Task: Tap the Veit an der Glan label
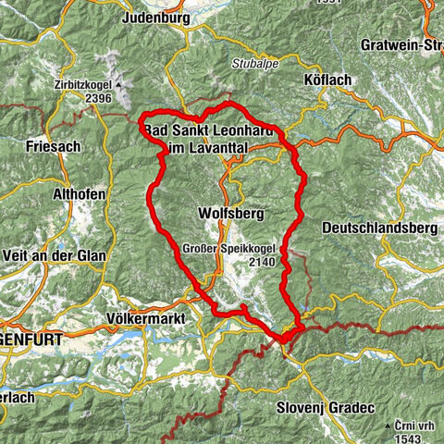54,255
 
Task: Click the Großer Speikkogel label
218,249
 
